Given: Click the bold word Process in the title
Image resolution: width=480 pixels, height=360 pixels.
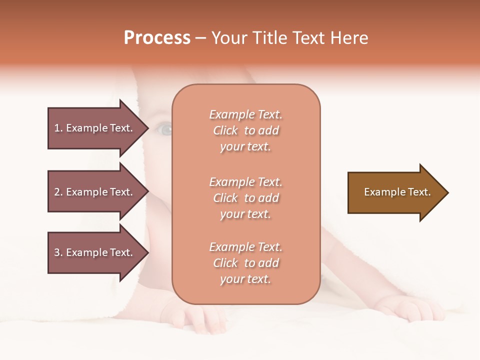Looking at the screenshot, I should pos(157,38).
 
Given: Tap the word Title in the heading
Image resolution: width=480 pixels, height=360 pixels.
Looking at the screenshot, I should pos(269,38).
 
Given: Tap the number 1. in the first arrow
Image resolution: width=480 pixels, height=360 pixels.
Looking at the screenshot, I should pos(58,128).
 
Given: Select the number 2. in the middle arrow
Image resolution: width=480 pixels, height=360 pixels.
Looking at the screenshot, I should pos(58,192).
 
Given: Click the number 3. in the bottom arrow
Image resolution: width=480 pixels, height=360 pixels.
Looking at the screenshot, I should pos(58,252).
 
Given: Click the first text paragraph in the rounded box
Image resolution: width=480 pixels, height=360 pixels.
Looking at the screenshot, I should pos(245,130).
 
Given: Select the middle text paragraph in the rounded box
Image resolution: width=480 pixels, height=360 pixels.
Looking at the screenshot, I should pos(245,198).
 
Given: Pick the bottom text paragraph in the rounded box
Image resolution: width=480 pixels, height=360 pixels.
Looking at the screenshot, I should pos(245,263).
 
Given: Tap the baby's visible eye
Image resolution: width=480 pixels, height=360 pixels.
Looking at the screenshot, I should pos(164,130).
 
